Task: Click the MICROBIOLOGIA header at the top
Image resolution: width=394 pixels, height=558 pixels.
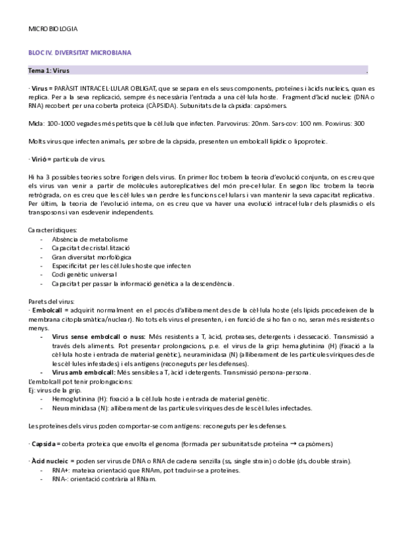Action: tap(53, 30)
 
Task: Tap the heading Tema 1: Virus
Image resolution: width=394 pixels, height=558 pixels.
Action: tap(49, 70)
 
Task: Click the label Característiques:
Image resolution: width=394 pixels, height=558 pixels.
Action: tap(53, 230)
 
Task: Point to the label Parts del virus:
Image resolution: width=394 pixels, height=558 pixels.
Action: tap(50, 301)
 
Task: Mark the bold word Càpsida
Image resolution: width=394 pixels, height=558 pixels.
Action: tap(43, 444)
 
